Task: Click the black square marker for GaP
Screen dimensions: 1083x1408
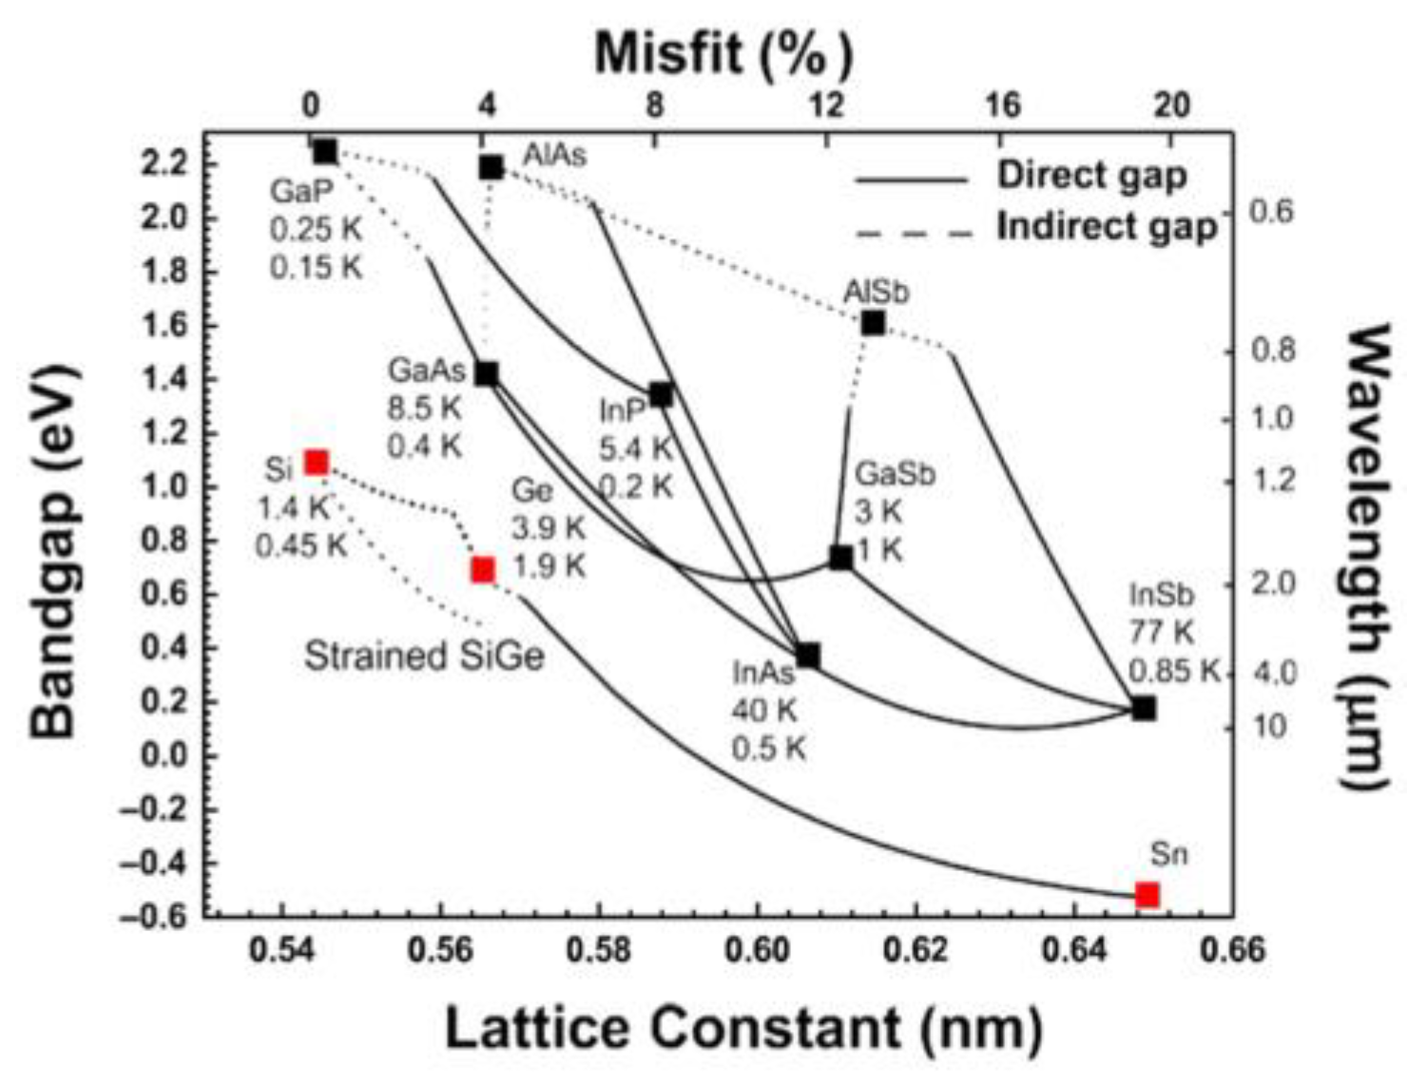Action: (x=325, y=151)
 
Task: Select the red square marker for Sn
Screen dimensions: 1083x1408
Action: (x=1148, y=895)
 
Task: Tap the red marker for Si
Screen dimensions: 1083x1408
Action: (x=316, y=463)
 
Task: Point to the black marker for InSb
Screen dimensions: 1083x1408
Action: (x=1144, y=708)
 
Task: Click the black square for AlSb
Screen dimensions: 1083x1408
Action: (x=873, y=323)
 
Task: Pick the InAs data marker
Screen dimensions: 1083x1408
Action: (x=808, y=655)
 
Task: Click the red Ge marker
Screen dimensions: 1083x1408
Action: (x=483, y=569)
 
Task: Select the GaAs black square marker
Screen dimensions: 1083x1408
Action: (x=486, y=373)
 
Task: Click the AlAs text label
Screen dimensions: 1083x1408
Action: (x=554, y=155)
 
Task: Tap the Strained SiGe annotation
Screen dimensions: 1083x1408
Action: (x=424, y=655)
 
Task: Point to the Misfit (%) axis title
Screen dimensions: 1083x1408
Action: (x=723, y=54)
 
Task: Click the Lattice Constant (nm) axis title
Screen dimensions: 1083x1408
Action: (x=743, y=1029)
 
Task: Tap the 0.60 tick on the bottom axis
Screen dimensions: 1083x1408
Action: (x=757, y=949)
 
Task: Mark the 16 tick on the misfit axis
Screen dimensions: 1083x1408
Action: (x=1002, y=105)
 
